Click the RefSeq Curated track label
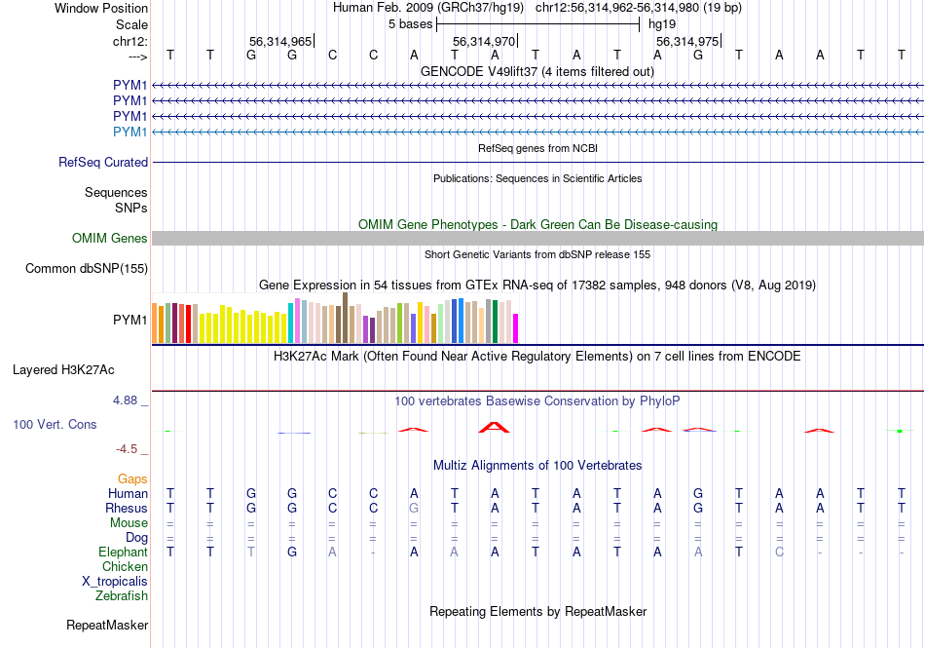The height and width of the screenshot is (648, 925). pyautogui.click(x=103, y=163)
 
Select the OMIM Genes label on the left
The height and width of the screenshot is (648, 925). pyautogui.click(x=110, y=239)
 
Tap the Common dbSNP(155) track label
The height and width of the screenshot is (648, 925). pyautogui.click(x=87, y=269)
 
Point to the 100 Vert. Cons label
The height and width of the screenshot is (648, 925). pyautogui.click(x=55, y=425)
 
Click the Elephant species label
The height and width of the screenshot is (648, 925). pyautogui.click(x=123, y=553)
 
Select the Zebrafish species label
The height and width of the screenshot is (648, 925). pyautogui.click(x=122, y=596)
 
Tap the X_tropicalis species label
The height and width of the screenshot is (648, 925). pyautogui.click(x=115, y=582)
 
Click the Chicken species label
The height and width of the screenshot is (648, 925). pyautogui.click(x=126, y=567)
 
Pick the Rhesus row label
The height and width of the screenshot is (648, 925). pyautogui.click(x=127, y=509)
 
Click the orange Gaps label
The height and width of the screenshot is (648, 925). pyautogui.click(x=132, y=479)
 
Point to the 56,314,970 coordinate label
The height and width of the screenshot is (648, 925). pyautogui.click(x=484, y=42)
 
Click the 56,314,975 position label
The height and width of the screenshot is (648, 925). pyautogui.click(x=687, y=42)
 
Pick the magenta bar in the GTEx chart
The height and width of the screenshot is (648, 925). pyautogui.click(x=516, y=328)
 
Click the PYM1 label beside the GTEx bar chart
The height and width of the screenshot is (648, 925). pyautogui.click(x=130, y=320)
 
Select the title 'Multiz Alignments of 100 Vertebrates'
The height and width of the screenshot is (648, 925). pyautogui.click(x=537, y=466)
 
